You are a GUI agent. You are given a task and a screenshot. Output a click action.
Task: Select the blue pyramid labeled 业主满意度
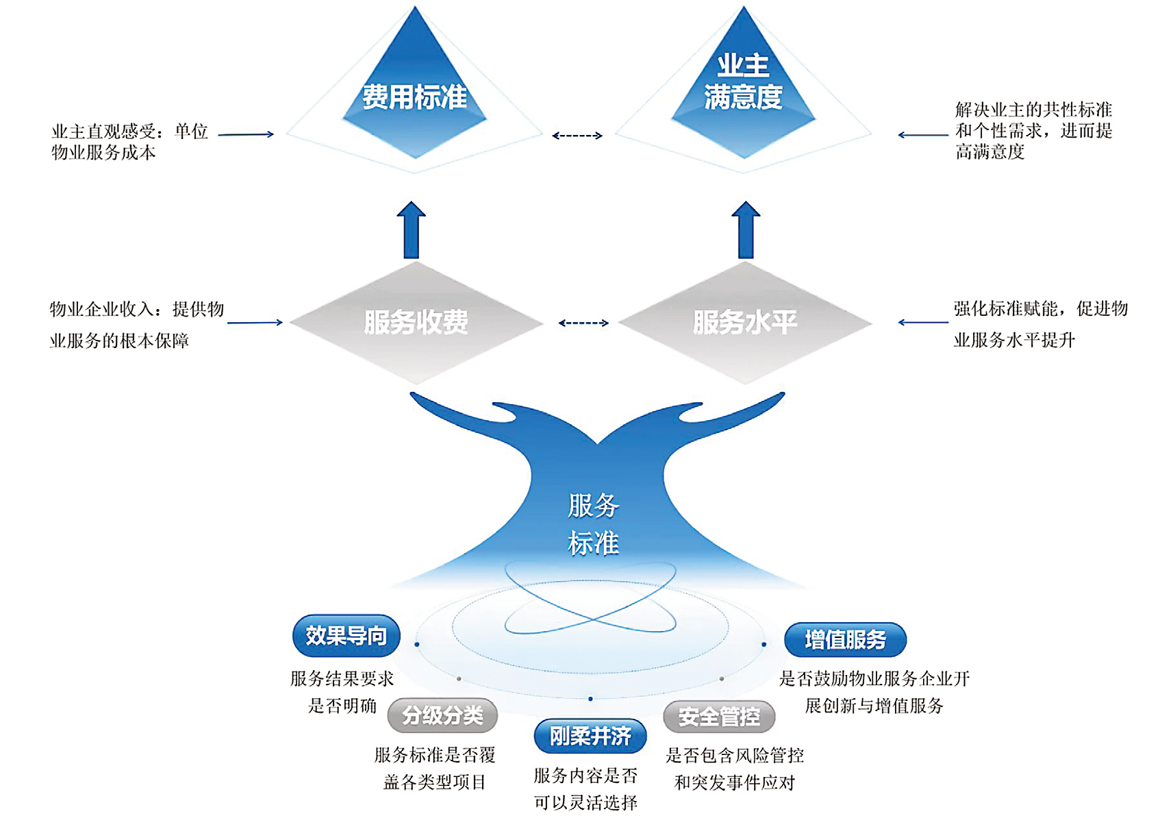click(744, 86)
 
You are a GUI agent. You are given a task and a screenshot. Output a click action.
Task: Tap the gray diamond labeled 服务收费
click(416, 322)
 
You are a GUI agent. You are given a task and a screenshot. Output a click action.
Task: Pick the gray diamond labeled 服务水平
click(745, 322)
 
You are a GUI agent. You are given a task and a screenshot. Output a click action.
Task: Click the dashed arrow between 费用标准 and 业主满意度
click(577, 136)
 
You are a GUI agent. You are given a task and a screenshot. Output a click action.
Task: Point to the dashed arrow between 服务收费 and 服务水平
click(583, 323)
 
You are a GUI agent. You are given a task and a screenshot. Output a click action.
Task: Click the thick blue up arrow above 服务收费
click(411, 230)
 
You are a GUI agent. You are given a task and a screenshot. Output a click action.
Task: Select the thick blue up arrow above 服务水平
click(746, 230)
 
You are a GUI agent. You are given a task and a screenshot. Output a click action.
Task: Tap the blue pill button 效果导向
click(346, 636)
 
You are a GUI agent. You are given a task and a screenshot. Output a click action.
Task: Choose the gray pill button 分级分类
click(442, 715)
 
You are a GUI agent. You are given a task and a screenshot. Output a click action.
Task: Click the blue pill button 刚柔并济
click(590, 736)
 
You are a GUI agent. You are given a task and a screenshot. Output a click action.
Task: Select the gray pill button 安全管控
click(719, 717)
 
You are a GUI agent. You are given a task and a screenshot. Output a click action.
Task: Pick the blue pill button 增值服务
click(845, 639)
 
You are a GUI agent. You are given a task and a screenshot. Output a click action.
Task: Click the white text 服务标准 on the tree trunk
click(593, 525)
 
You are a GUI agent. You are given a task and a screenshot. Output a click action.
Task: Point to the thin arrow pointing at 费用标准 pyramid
click(246, 134)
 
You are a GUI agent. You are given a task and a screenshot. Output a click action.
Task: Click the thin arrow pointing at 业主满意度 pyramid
click(922, 135)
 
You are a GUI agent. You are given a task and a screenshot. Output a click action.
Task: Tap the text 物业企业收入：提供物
click(137, 310)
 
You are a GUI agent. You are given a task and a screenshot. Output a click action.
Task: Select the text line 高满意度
click(989, 152)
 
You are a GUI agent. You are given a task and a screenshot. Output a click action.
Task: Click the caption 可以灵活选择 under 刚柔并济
click(585, 802)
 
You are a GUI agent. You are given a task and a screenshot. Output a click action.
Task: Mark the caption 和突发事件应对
click(734, 782)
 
